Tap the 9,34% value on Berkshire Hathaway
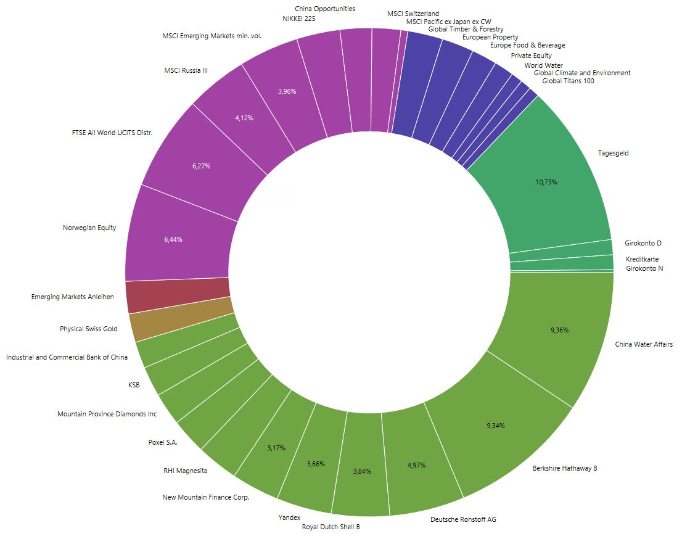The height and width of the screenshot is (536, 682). [x=495, y=426]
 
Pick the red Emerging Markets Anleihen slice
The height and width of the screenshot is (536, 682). [x=178, y=296]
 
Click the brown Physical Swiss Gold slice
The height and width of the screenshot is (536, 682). [x=183, y=326]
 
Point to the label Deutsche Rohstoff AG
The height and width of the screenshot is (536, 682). [x=462, y=519]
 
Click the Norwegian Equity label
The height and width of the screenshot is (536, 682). [x=89, y=228]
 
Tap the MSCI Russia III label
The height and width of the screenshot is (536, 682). [x=186, y=70]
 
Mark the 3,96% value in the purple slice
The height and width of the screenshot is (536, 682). [x=287, y=91]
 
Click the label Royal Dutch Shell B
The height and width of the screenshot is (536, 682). [x=331, y=527]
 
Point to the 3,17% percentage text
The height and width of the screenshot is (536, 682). [x=276, y=448]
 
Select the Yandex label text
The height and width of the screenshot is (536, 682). [x=289, y=517]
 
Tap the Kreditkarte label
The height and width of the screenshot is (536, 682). [x=642, y=259]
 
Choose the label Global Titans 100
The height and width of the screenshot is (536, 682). [x=568, y=81]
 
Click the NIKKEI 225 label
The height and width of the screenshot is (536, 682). [x=298, y=19]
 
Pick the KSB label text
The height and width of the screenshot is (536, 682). [x=134, y=385]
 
